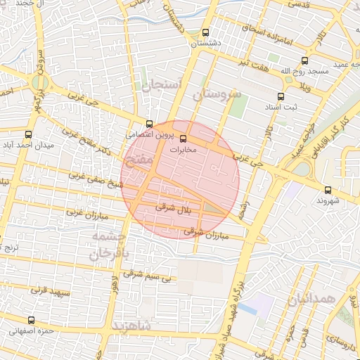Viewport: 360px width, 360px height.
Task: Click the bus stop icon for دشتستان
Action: click(205, 32)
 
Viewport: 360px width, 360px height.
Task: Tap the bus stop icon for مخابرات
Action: click(184, 139)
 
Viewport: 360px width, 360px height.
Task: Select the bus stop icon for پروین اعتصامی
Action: click(148, 123)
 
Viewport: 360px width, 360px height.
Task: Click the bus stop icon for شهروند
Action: click(328, 190)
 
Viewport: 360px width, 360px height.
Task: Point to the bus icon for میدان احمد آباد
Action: click(28, 134)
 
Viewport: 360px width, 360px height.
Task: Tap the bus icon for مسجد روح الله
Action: click(304, 60)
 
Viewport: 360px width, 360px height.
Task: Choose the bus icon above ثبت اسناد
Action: click(281, 96)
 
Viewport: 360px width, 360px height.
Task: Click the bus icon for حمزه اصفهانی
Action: click(29, 319)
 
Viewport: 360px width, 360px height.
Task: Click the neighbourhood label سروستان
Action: click(217, 94)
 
